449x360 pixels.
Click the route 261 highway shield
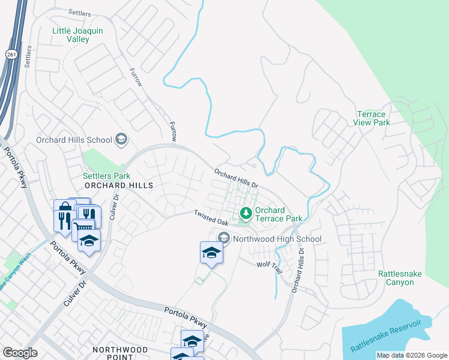pos(11,55)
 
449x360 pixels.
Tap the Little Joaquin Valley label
pos(79,35)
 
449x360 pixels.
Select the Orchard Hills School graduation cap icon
pos(121,140)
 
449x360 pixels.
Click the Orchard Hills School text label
pos(74,140)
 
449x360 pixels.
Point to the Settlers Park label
pos(106,176)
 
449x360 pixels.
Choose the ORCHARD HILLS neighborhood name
pos(112,186)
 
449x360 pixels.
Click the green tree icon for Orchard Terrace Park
pos(246,212)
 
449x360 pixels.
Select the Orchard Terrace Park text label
pos(279,214)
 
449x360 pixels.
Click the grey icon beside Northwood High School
pos(224,238)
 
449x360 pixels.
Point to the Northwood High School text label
pos(277,239)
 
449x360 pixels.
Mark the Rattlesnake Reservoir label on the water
pos(386,337)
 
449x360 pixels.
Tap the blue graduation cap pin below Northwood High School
pos(211,253)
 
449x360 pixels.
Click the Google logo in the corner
pos(20,353)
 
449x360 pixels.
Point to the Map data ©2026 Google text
pos(411,355)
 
